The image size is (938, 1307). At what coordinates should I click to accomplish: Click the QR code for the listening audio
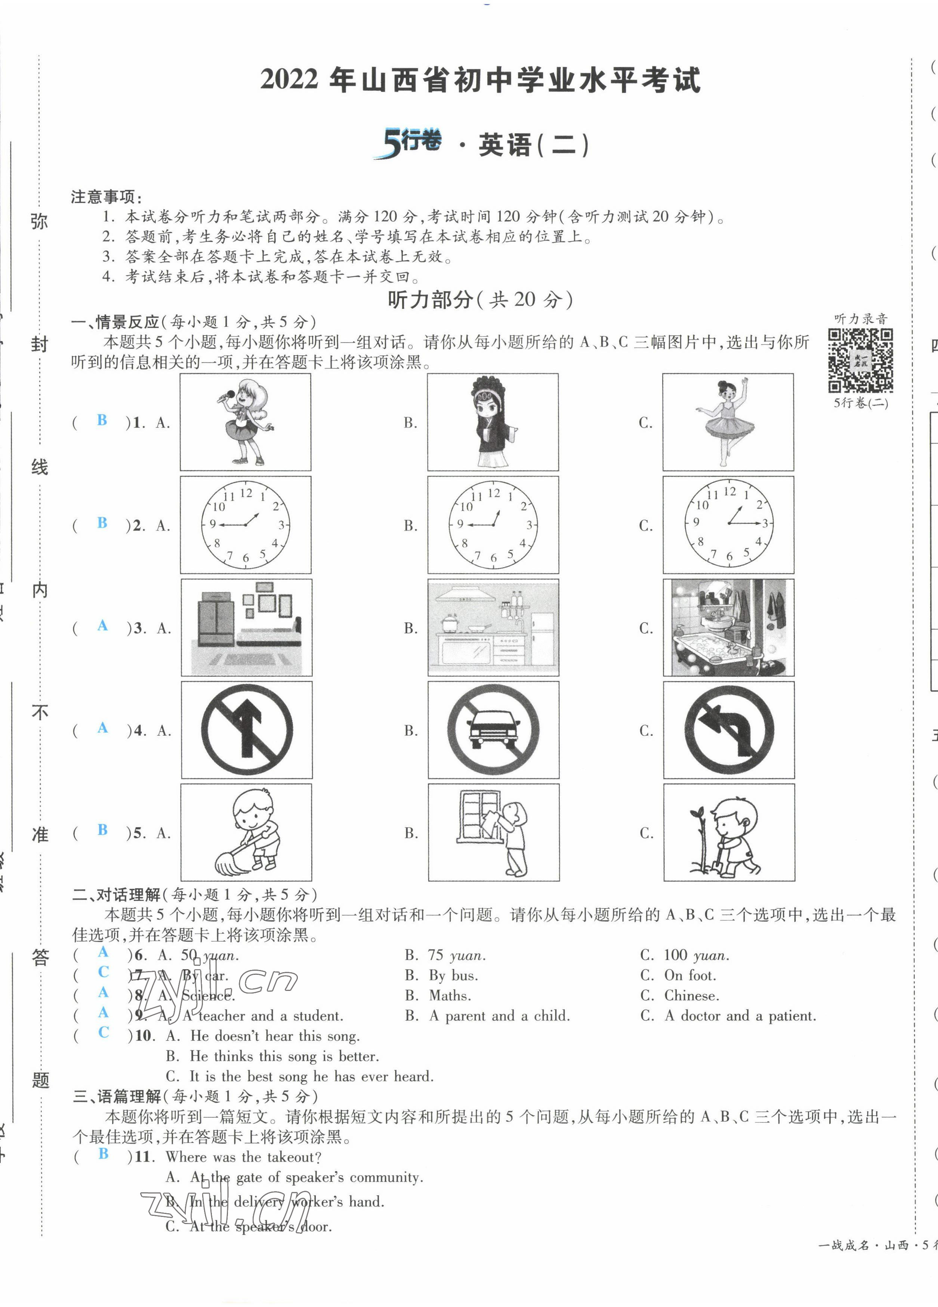860,360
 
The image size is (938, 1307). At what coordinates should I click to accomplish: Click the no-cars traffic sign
493,730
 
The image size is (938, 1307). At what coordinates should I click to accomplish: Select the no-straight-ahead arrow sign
247,730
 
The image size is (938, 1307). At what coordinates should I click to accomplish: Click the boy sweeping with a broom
247,832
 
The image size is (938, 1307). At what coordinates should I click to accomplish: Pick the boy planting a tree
729,832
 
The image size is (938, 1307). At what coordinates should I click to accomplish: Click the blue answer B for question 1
102,420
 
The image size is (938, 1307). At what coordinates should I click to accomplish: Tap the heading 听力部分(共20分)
480,300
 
